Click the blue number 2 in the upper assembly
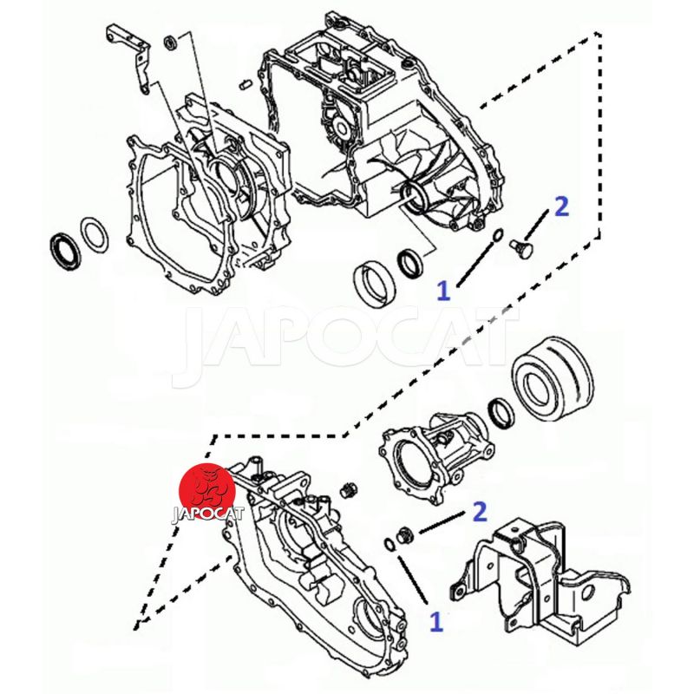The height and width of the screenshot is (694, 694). coord(561,206)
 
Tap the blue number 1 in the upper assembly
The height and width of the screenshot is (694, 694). coord(443,291)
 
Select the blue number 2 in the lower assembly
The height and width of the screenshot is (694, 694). coord(480,512)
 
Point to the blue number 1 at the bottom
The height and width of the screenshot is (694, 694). coord(436,621)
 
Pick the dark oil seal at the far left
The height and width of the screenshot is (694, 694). coord(64,250)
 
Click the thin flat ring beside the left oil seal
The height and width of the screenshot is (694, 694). coord(95,232)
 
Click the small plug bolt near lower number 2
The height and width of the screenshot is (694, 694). coord(403,534)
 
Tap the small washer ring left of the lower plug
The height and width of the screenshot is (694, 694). coord(388,544)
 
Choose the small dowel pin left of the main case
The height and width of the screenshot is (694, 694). coord(245,82)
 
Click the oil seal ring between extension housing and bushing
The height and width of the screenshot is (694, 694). coord(501,413)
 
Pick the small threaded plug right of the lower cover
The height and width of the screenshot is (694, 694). coord(350,488)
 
